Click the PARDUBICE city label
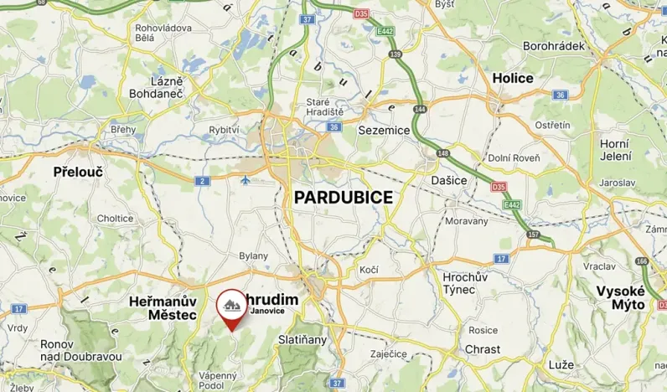(x=343, y=197)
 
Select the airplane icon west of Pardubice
(x=245, y=180)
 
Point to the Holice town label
(x=513, y=78)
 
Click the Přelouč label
(x=77, y=171)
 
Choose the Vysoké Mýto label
(x=620, y=297)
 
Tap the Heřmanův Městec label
(x=163, y=307)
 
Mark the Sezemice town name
(x=384, y=131)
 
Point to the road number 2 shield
(x=202, y=181)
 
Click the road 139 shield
(x=396, y=54)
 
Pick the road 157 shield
(x=534, y=234)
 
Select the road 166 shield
(x=642, y=262)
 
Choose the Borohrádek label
(x=553, y=45)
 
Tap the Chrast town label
(x=482, y=349)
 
